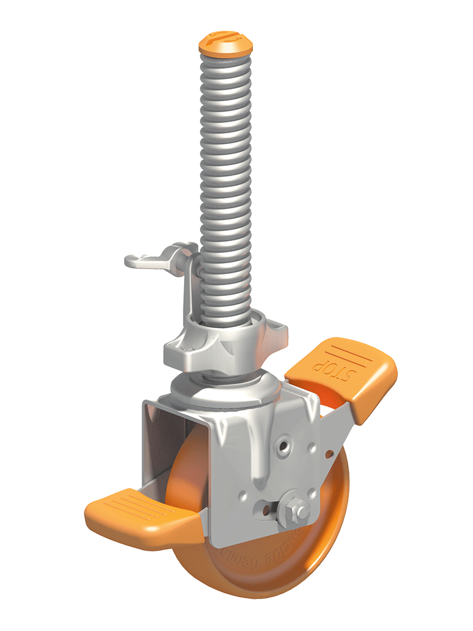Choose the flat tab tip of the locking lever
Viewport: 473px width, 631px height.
[x=134, y=259]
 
